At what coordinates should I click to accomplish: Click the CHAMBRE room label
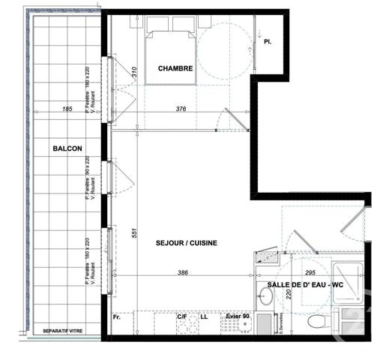click(x=175, y=68)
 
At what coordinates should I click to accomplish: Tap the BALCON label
click(x=67, y=148)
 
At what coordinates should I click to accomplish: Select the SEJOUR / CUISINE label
click(x=187, y=244)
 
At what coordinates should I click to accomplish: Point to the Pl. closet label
click(x=268, y=42)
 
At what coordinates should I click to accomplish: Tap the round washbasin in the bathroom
click(x=267, y=296)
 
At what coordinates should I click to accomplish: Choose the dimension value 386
click(x=183, y=272)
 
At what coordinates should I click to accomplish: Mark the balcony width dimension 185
click(x=67, y=109)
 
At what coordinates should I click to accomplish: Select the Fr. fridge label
click(x=117, y=316)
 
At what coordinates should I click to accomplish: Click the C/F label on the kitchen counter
click(x=182, y=316)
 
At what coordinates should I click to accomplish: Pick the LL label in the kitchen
click(x=203, y=316)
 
